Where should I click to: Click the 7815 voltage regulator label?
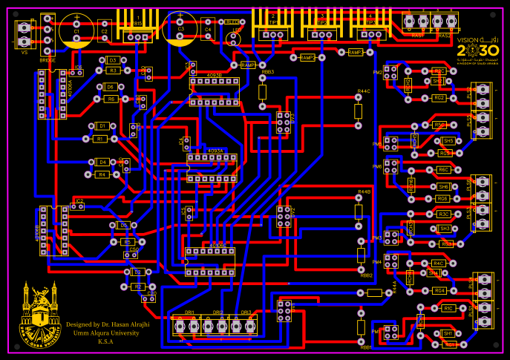138,23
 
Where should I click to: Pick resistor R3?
113,71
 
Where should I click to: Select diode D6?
111,87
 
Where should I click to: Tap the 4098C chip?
210,257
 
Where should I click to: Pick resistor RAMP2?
307,57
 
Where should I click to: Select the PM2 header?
389,73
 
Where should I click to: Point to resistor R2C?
438,71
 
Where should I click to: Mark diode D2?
137,272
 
